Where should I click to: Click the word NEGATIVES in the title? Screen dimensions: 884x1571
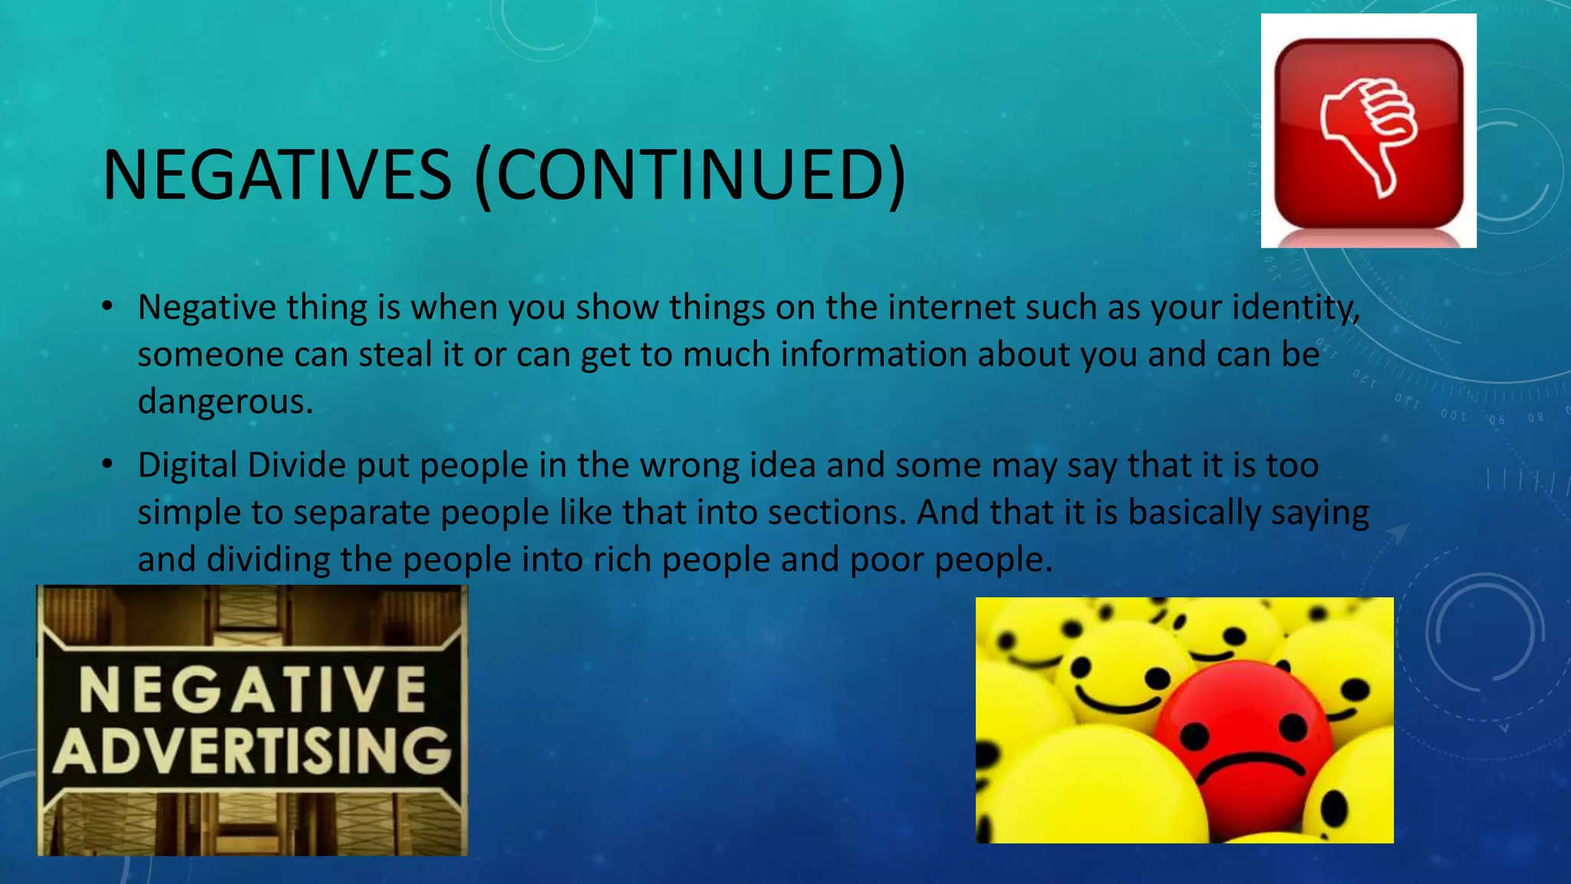[x=277, y=175]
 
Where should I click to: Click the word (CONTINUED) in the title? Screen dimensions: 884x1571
[x=690, y=175]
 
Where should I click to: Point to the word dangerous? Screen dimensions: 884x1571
[x=225, y=402]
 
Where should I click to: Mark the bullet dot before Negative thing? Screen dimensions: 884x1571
[x=108, y=308]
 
